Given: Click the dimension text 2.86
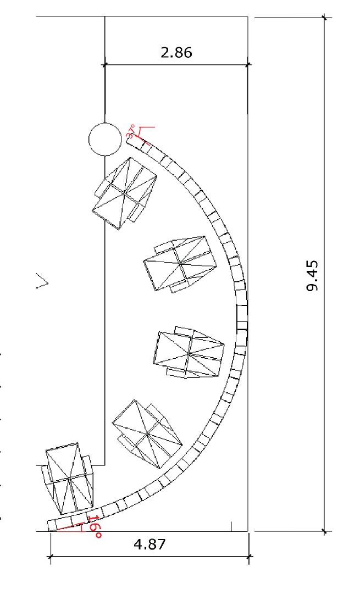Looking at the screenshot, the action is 176,52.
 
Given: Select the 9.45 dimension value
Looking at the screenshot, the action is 312,276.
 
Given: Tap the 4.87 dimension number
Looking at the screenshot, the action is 149,544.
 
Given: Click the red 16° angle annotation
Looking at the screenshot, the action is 95,527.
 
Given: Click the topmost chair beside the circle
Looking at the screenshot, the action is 124,193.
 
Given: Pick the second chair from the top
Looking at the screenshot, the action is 180,264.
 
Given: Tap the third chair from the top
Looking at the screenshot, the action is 189,352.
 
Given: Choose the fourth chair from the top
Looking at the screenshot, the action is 147,434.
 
